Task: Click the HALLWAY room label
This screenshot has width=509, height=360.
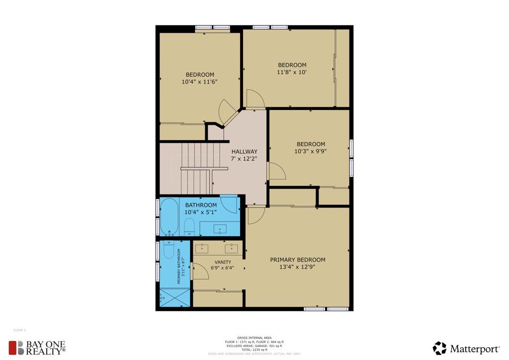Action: (x=244, y=152)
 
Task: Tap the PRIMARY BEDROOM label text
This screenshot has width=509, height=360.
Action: (x=297, y=260)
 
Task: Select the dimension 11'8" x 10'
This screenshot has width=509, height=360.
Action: (x=292, y=72)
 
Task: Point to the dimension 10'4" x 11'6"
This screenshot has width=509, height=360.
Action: (x=199, y=82)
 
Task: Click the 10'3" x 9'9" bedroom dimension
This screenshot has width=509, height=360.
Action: (x=310, y=151)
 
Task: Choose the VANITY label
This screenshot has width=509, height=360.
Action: (x=223, y=262)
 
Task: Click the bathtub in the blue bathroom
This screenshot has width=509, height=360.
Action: (x=169, y=216)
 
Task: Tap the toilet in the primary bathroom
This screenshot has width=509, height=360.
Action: (x=169, y=250)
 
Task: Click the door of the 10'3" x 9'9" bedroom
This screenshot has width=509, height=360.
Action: (x=276, y=171)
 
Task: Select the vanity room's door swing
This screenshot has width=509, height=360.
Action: (x=200, y=270)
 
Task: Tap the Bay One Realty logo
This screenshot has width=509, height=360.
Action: (x=37, y=348)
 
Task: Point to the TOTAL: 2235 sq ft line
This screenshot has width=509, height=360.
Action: (x=254, y=350)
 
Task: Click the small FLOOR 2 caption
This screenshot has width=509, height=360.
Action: (x=19, y=330)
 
